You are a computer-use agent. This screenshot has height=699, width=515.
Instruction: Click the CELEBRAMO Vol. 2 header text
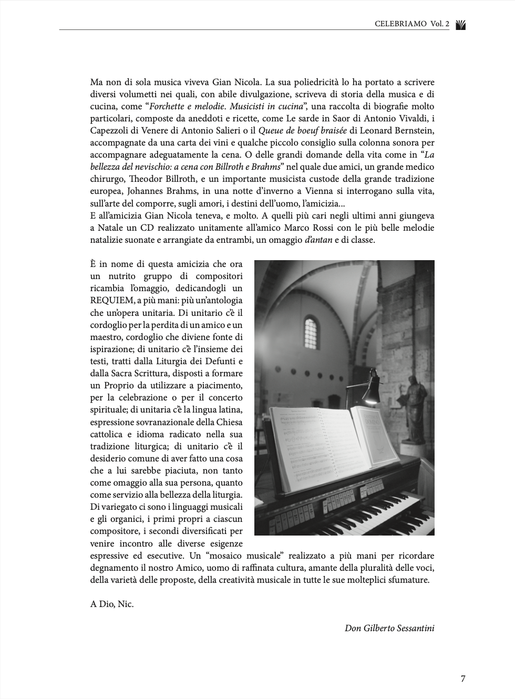(412, 24)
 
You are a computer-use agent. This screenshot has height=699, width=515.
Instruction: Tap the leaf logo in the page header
(460, 24)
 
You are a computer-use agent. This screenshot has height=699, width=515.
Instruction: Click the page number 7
(462, 679)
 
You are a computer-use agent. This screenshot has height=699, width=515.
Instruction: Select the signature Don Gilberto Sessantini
(389, 628)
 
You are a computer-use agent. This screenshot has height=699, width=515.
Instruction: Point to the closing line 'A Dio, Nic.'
(112, 604)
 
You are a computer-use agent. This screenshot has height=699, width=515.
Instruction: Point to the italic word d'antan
(318, 240)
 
